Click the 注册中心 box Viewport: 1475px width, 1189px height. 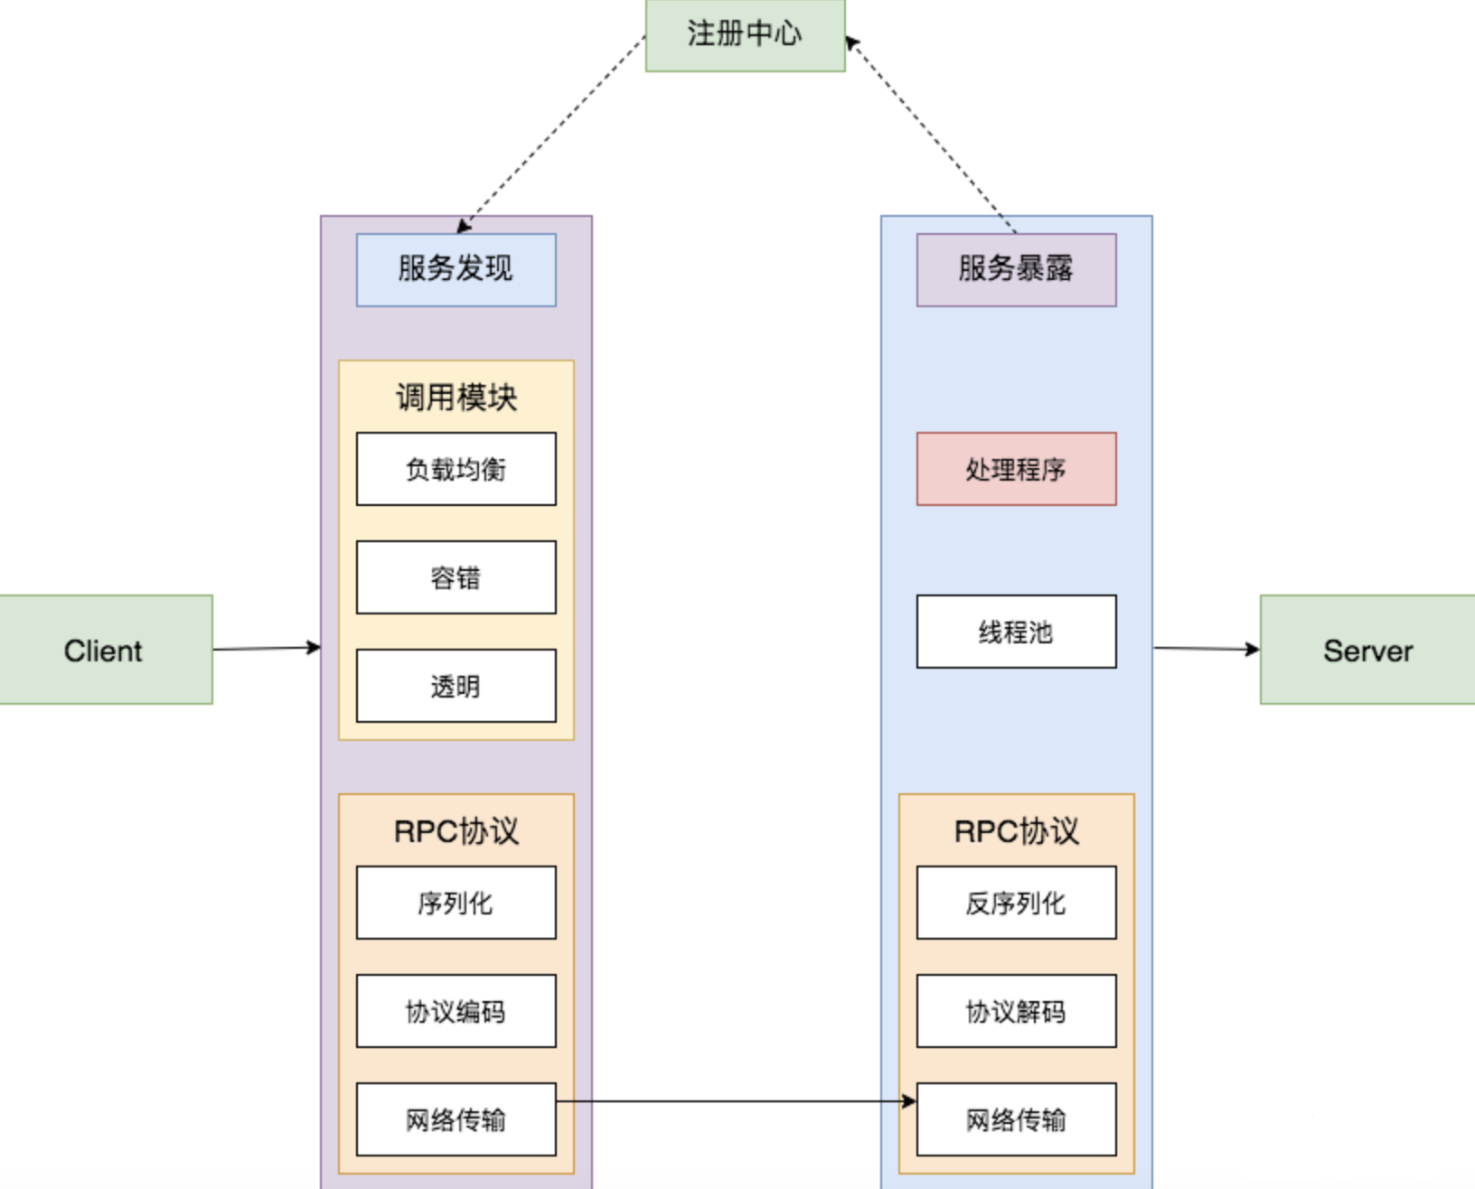pos(745,34)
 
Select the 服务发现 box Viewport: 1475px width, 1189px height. pos(456,269)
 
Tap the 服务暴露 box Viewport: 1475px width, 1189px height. pos(1016,269)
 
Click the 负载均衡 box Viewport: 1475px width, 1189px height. pos(456,469)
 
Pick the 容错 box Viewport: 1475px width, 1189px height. pos(456,577)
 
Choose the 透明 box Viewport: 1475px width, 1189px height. pos(456,686)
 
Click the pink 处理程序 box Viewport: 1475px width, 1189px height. pos(1016,469)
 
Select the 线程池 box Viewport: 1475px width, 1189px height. pos(1016,632)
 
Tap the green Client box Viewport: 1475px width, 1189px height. pos(105,650)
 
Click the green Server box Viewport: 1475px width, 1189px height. pos(1367,650)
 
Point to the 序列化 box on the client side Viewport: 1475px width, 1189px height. pos(456,903)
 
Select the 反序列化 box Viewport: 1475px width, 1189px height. pos(1016,903)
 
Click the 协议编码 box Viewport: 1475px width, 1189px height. pos(456,1011)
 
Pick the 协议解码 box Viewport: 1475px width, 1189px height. pos(1016,1011)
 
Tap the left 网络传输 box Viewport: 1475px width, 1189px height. pos(456,1119)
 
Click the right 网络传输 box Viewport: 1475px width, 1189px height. pos(1016,1119)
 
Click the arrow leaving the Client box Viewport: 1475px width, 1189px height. pos(267,648)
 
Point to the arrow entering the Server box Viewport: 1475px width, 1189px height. pos(1207,648)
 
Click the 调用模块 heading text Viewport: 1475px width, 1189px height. pos(456,398)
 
